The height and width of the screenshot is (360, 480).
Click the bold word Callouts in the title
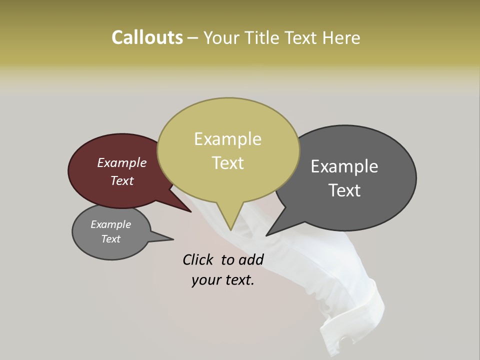point(147,37)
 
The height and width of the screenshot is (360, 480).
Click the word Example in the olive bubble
point(227,139)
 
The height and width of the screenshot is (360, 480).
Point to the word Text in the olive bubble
point(228,162)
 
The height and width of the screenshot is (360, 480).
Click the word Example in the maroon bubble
point(122,162)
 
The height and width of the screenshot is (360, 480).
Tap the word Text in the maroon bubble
point(122,180)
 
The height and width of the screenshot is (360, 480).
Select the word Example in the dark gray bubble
point(344,166)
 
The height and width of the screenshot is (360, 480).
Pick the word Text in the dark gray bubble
point(345,190)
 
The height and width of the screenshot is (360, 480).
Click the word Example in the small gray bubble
point(111,224)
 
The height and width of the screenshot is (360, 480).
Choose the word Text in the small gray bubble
point(111,239)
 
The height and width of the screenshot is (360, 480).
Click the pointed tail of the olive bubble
point(231,228)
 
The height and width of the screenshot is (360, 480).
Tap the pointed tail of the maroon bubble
point(190,211)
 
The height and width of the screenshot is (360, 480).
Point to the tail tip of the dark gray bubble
point(267,234)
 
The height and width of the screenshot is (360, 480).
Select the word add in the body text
point(251,259)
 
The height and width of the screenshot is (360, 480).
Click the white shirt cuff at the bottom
point(357,320)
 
